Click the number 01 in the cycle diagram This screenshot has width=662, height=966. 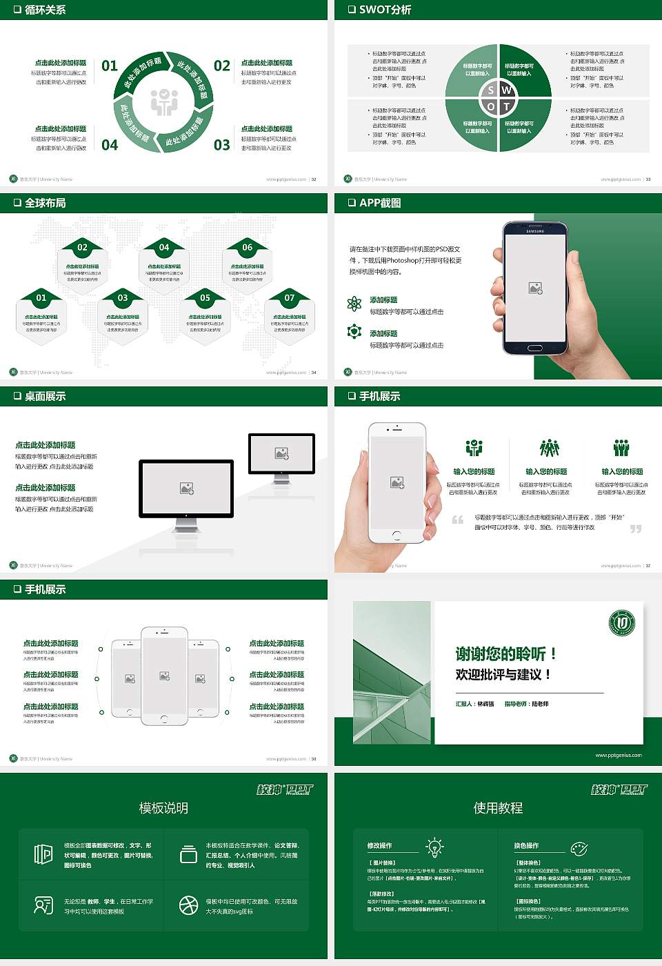pos(110,66)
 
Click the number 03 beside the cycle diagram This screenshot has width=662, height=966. pos(222,145)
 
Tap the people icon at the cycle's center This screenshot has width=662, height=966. pos(164,102)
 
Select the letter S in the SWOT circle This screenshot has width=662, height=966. pos(491,90)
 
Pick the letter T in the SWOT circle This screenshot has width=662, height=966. pos(507,106)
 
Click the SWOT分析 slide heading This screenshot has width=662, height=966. pos(385,10)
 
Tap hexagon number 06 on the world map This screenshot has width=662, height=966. pos(247,247)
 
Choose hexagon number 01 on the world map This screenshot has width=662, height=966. pos(41,298)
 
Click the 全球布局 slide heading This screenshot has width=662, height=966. pos(46,203)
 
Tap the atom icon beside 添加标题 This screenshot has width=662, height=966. pos(354,304)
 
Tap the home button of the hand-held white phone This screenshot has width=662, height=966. pos(397,535)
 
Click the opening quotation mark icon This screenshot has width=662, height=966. pos(458,520)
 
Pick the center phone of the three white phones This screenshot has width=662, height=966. pos(164,676)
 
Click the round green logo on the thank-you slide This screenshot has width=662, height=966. pos(622,622)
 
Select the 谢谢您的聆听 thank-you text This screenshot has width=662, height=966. pos(505,653)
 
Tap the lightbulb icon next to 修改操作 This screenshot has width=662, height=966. pos(434,847)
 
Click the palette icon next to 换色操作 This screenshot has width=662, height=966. pos(579,848)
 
